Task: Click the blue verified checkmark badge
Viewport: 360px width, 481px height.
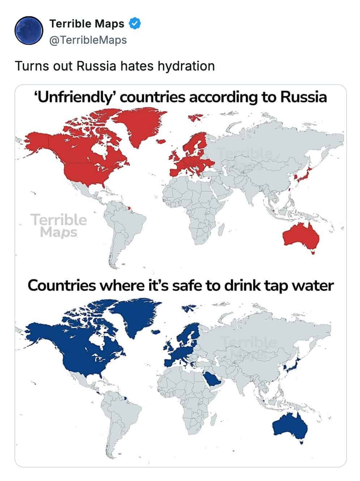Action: tap(135, 24)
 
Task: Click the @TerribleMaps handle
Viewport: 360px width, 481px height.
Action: tap(88, 40)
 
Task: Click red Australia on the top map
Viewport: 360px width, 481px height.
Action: tap(300, 236)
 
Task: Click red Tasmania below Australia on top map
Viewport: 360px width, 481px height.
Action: tap(313, 252)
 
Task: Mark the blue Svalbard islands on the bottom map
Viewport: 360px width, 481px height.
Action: tap(189, 308)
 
